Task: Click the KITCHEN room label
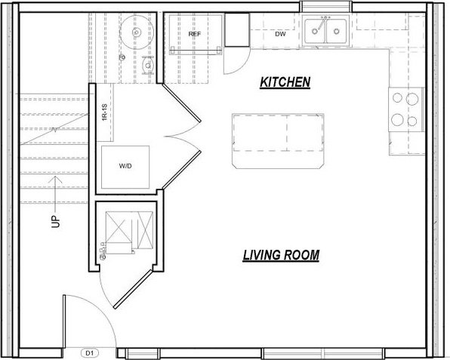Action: click(285, 82)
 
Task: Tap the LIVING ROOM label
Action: click(281, 255)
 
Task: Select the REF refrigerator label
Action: click(195, 34)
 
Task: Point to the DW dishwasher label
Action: click(280, 34)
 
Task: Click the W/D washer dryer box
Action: click(125, 167)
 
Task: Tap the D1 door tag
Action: click(90, 353)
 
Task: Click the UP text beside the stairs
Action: click(56, 221)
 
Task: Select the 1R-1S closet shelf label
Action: click(104, 112)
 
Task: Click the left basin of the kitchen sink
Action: click(315, 31)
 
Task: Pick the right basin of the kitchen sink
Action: click(336, 31)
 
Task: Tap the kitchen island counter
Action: click(279, 141)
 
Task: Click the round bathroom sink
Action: click(137, 32)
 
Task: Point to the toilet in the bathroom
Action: click(148, 66)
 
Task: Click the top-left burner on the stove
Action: click(397, 98)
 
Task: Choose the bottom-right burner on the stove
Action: click(412, 121)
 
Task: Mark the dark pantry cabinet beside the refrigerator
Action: click(237, 30)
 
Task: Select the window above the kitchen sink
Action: click(325, 6)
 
